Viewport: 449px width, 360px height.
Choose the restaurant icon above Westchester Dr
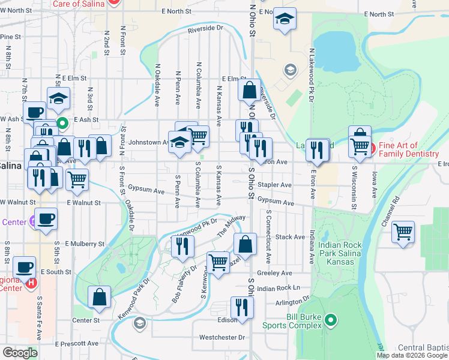click(x=242, y=307)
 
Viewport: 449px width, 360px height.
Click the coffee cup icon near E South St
click(x=24, y=267)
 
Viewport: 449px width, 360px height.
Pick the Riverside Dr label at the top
click(x=205, y=28)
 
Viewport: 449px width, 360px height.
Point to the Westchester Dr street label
click(x=222, y=337)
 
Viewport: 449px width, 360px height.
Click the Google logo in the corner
click(x=20, y=353)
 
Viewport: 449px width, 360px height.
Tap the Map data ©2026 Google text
click(x=412, y=355)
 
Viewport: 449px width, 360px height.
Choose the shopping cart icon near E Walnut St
click(x=77, y=179)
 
